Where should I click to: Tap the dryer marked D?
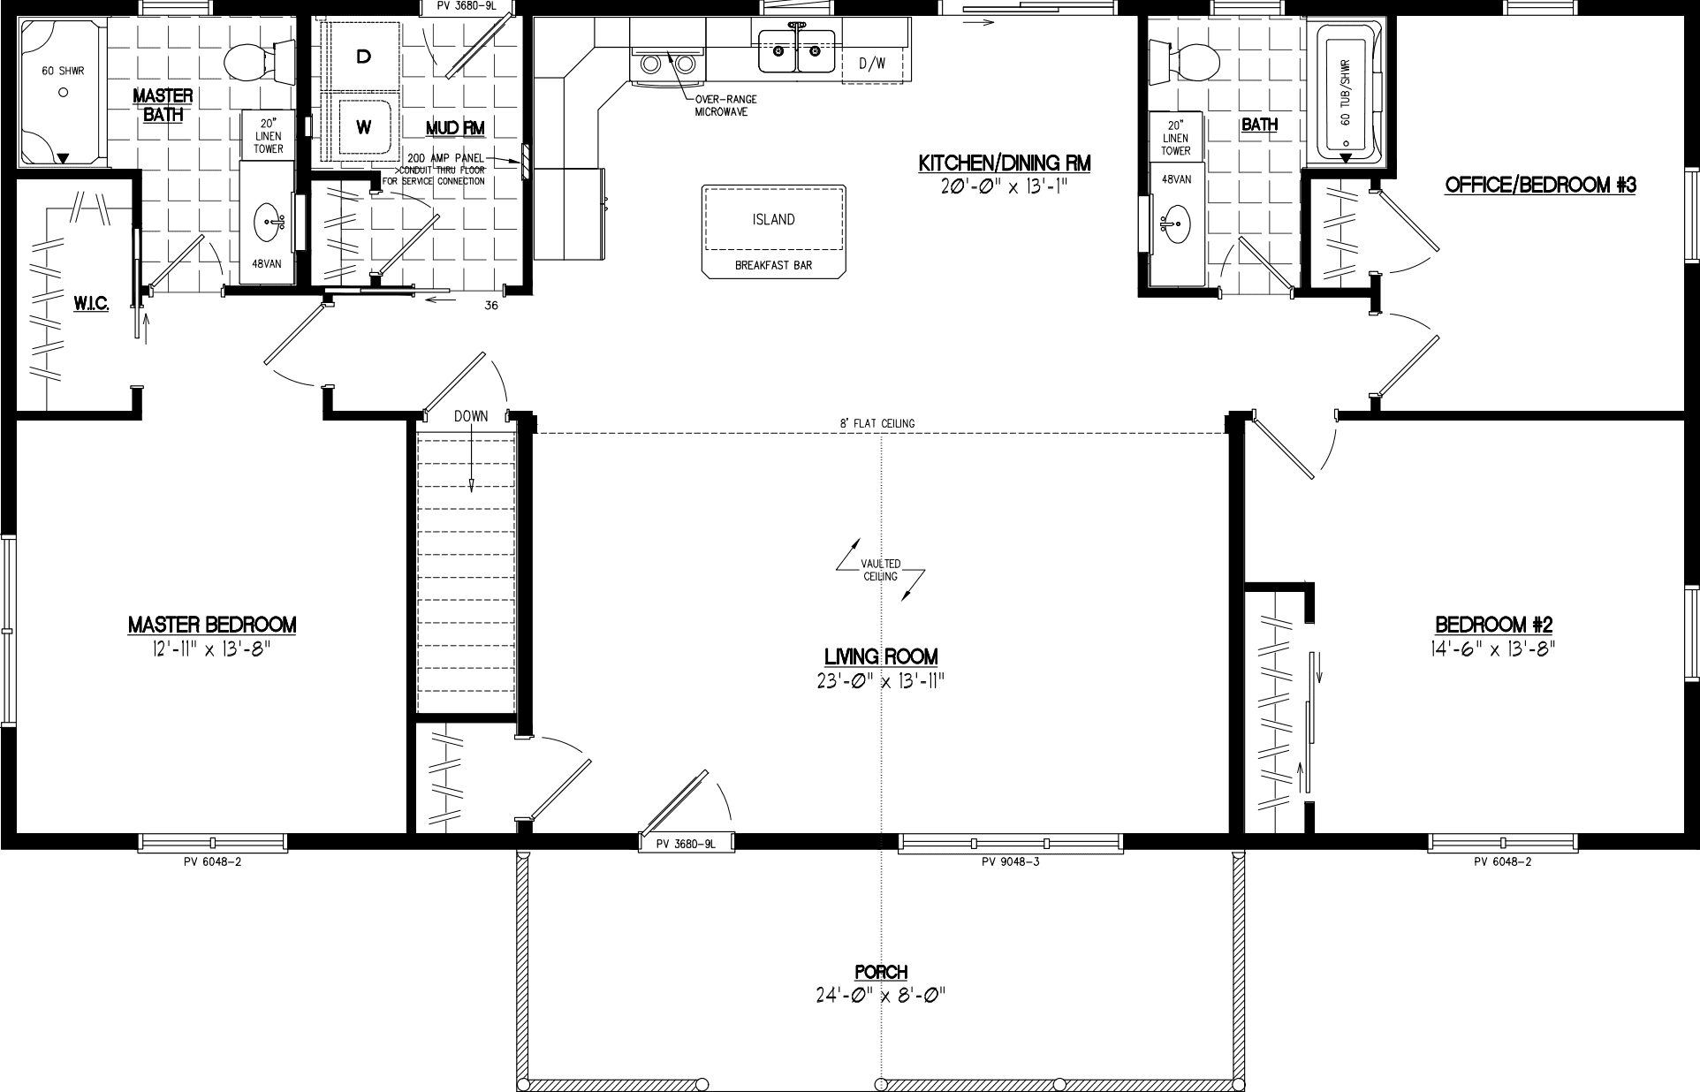coord(362,57)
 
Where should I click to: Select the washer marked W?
coord(363,127)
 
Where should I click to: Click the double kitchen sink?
coord(796,51)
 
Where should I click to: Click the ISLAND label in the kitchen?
coord(773,219)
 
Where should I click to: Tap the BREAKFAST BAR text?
coord(773,265)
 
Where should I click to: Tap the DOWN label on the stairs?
coord(471,416)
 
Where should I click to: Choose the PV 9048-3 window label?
coord(1010,861)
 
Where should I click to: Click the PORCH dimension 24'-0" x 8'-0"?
coord(881,996)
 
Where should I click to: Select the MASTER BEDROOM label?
coord(212,625)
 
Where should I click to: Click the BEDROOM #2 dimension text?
coord(1492,648)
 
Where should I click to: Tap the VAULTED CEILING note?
coord(881,570)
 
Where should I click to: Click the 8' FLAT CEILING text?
coord(877,423)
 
